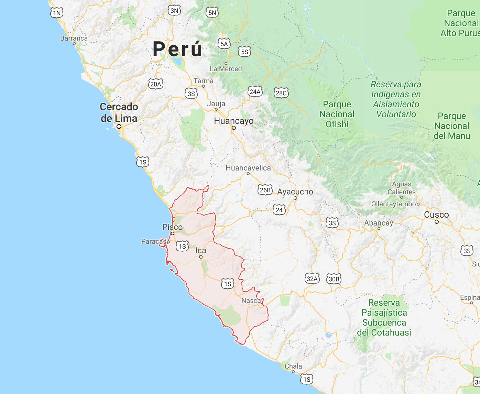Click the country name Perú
pos(177,49)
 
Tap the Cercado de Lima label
pos(119,112)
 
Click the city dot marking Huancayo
pos(234,128)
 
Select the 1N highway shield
pos(57,13)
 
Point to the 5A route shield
pos(224,44)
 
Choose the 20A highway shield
pos(155,84)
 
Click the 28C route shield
pos(281,93)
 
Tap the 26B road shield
pos(265,190)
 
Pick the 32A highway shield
pos(312,278)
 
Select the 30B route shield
pos(334,279)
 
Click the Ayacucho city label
pos(295,192)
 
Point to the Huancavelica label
pos(248,168)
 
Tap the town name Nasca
pos(251,301)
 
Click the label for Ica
pos(201,251)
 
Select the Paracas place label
pos(153,242)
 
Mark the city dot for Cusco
pos(437,222)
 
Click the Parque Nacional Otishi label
pos(337,114)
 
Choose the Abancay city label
pos(379,223)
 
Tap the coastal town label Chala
pos(293,366)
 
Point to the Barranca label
pos(74,38)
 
